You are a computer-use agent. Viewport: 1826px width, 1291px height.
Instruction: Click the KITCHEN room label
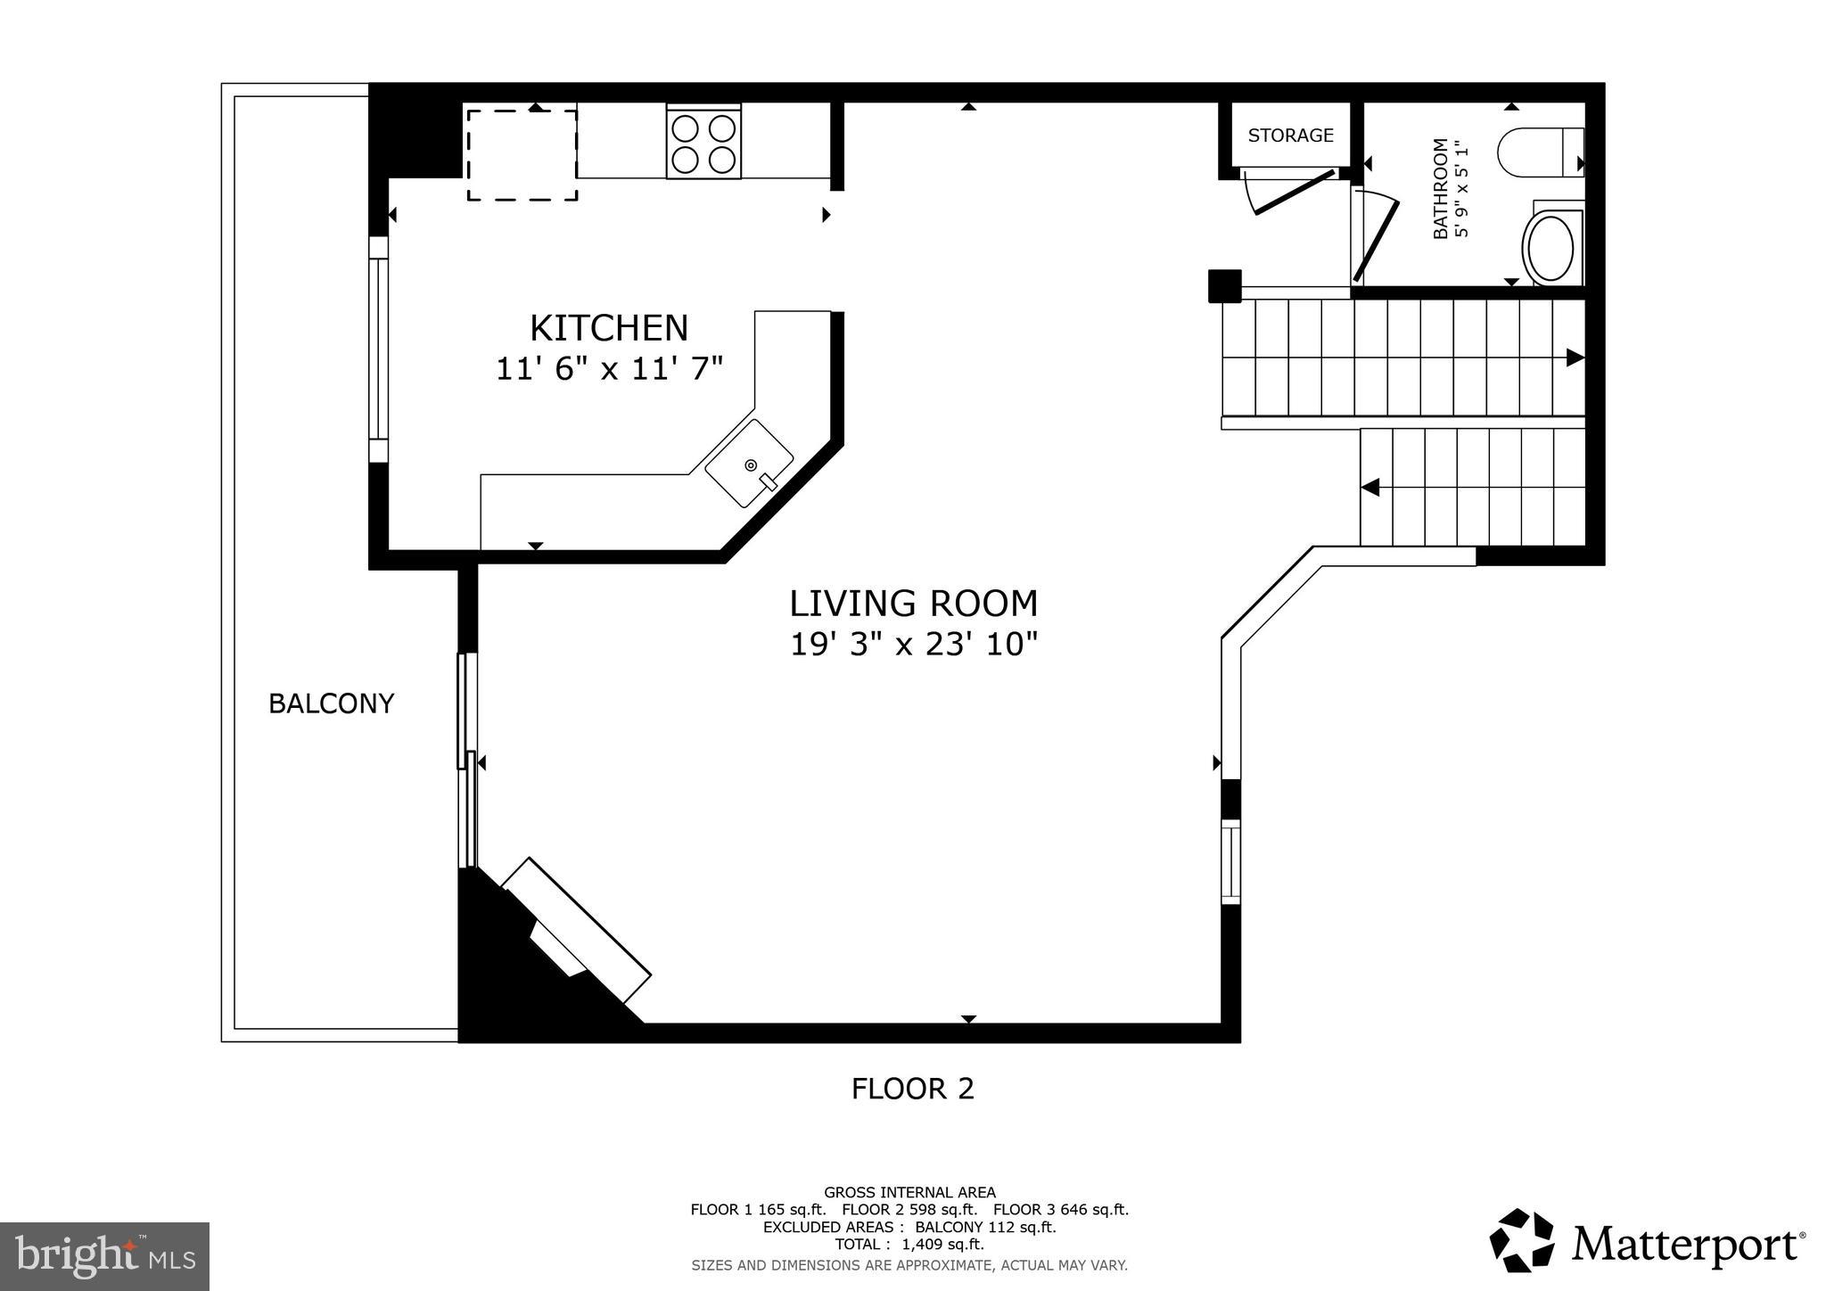(x=609, y=328)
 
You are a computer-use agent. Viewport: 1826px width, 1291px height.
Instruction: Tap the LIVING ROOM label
(x=913, y=604)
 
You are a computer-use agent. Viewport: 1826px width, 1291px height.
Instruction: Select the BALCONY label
(x=331, y=703)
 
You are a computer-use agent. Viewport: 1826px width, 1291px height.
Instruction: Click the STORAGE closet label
(x=1290, y=136)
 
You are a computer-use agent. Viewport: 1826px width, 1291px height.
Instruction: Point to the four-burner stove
(x=704, y=144)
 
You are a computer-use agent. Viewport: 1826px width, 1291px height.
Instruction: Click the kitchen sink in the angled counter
(x=749, y=464)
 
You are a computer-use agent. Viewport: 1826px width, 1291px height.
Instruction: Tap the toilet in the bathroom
(x=1539, y=152)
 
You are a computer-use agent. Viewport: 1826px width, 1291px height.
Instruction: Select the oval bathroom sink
(x=1550, y=247)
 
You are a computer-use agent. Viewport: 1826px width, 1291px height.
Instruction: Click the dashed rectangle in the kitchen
(x=522, y=155)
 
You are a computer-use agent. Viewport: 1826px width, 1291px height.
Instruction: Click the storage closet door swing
(x=1293, y=191)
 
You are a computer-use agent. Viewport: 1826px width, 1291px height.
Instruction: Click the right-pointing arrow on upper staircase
(x=1575, y=358)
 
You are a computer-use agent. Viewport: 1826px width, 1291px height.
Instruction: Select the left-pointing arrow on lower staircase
(x=1370, y=488)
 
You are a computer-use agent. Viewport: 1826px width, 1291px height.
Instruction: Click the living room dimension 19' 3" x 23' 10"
(x=914, y=644)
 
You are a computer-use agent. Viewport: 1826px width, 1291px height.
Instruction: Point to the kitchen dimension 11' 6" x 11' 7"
(x=609, y=368)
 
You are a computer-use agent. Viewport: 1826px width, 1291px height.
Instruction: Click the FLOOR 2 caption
(x=912, y=1089)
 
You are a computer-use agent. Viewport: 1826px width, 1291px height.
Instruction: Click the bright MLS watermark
(x=104, y=1257)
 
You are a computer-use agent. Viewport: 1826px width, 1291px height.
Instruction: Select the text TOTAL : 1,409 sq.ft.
(x=909, y=1245)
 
